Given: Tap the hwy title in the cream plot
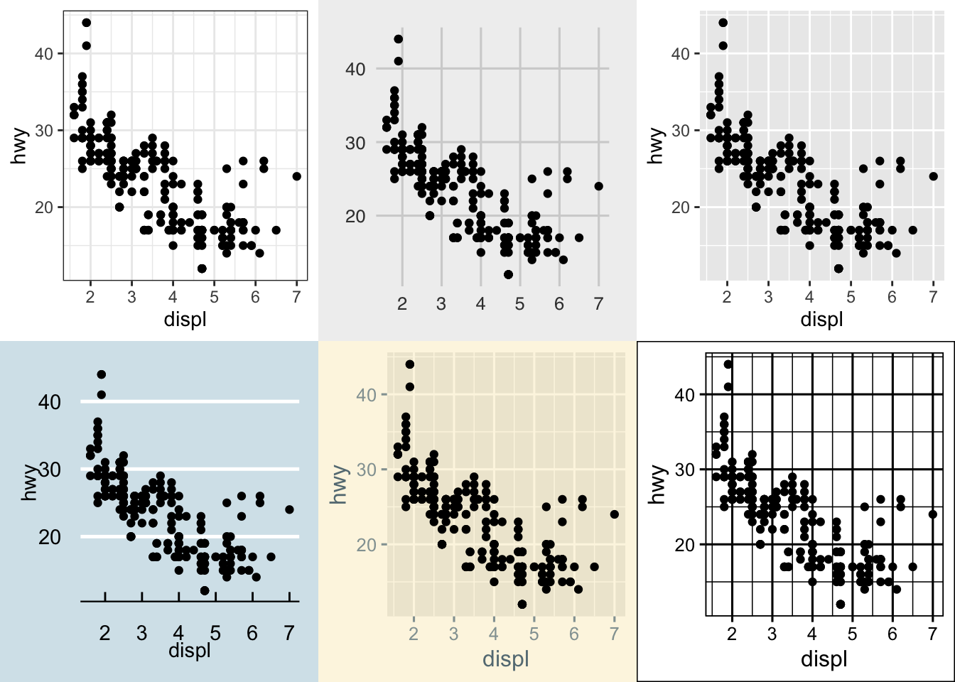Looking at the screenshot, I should point(340,485).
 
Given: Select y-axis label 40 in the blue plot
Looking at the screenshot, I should point(50,402).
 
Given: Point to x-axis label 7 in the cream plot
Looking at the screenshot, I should point(614,634).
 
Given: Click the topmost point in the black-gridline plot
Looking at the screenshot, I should point(728,364).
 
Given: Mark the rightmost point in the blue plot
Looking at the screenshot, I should point(289,509).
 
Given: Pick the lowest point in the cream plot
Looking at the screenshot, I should point(522,604).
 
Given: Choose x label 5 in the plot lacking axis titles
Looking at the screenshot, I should point(520,304).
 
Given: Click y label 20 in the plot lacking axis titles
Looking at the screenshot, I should point(355,217).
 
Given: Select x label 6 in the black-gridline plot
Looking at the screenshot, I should point(892,634).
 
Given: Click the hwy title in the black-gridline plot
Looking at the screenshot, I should point(658,485).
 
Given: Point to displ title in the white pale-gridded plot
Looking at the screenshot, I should point(185,319).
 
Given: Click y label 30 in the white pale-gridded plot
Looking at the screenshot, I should point(44,131).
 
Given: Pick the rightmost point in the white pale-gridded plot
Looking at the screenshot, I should point(296,176).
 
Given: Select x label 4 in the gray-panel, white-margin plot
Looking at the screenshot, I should point(809,297).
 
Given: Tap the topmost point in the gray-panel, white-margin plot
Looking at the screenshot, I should point(723,22).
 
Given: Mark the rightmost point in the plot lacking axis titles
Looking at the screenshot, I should point(598,186).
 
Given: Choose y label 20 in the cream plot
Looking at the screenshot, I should point(367,545).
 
